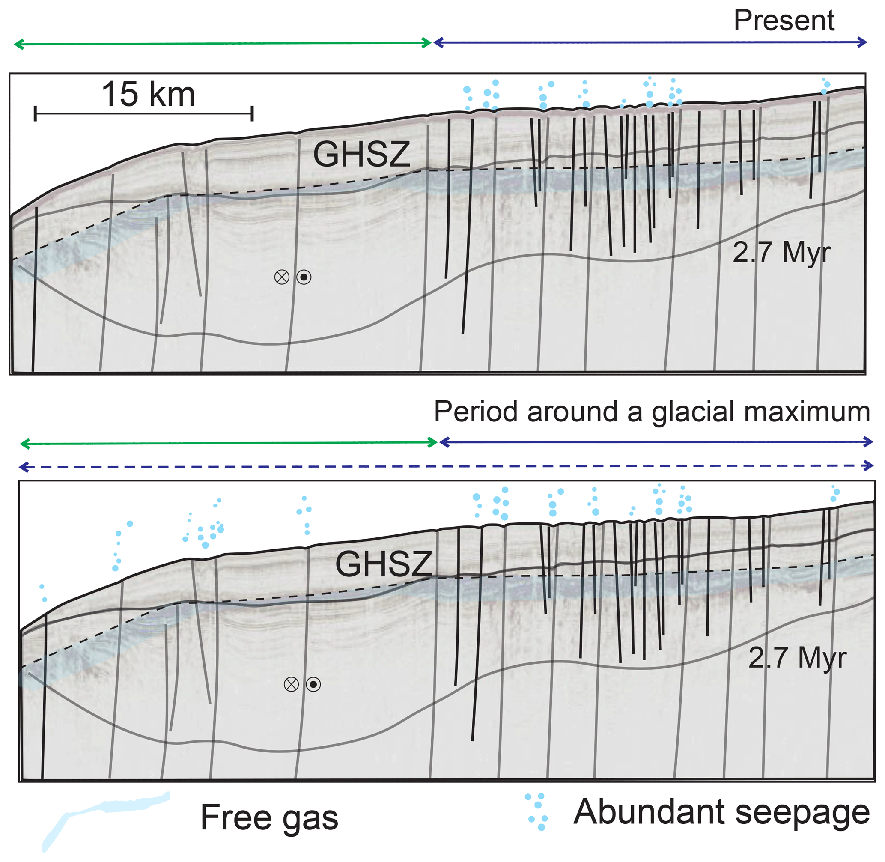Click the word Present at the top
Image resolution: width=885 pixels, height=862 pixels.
pyautogui.click(x=784, y=21)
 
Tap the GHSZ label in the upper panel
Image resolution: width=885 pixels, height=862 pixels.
pyautogui.click(x=361, y=155)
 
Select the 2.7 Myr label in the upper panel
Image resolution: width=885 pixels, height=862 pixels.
pyautogui.click(x=781, y=252)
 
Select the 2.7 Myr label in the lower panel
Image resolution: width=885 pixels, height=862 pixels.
pyautogui.click(x=797, y=658)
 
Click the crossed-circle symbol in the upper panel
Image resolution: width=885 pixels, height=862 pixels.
pyautogui.click(x=282, y=277)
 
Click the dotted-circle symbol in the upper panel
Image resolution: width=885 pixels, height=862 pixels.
pyautogui.click(x=304, y=277)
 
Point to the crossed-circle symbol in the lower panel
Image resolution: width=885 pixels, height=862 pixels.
pyautogui.click(x=291, y=684)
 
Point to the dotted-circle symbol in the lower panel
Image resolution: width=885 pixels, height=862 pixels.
pyautogui.click(x=313, y=684)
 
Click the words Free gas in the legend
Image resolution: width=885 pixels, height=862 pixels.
pyautogui.click(x=269, y=817)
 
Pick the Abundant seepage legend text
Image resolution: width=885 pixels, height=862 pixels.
pyautogui.click(x=721, y=812)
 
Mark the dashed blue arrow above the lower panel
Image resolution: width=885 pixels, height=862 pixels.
pyautogui.click(x=446, y=466)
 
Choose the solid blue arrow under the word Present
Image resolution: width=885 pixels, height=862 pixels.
pyautogui.click(x=650, y=42)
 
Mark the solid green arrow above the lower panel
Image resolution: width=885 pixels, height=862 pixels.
pyautogui.click(x=229, y=443)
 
